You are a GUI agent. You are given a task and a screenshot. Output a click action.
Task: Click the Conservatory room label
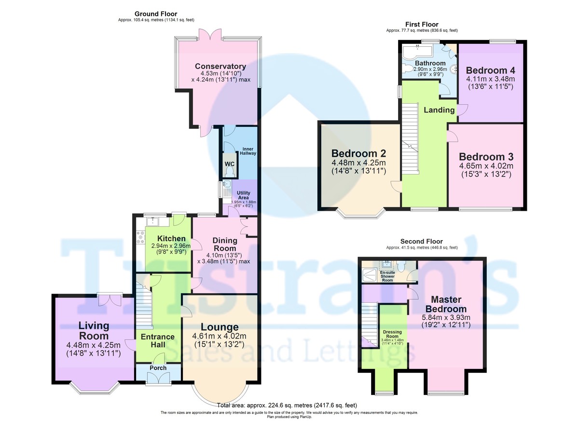coord(221,67)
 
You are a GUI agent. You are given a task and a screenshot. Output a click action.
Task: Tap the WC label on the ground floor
coord(230,163)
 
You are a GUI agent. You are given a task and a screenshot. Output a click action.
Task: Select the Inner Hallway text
coord(249,150)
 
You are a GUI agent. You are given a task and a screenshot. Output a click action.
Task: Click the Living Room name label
coord(94,331)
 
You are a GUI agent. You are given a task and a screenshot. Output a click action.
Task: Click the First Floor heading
coord(422,24)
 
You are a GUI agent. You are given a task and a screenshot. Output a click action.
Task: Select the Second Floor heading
coord(421,242)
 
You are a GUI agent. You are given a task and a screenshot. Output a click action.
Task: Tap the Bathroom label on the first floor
coord(430,63)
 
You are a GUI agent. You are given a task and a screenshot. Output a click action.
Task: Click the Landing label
coord(439,110)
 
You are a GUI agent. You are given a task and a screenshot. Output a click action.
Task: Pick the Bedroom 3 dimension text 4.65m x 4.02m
coord(485,166)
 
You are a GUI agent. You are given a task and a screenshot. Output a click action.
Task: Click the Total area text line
coord(287,406)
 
